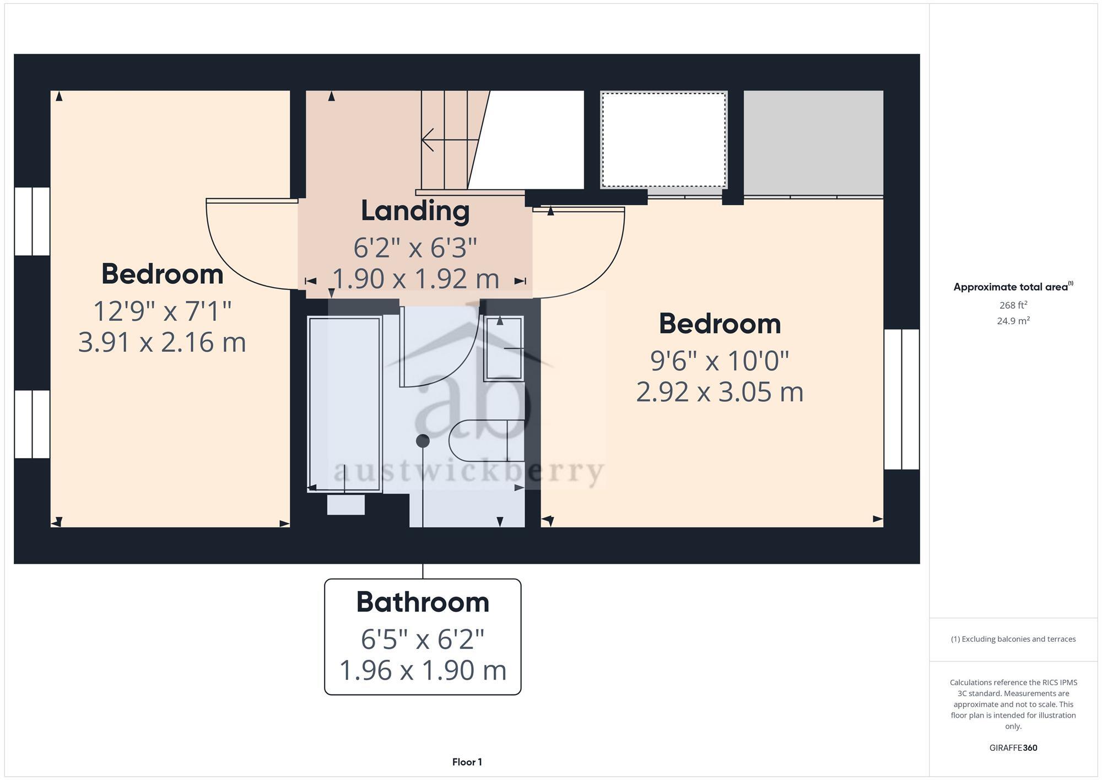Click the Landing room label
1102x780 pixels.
pos(415,211)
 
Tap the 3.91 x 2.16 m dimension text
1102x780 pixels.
pos(162,342)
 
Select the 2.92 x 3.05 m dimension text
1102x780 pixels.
pos(720,392)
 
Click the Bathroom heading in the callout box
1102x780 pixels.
pos(423,602)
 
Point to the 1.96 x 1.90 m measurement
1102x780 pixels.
pos(423,671)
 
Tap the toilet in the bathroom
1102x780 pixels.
pos(485,440)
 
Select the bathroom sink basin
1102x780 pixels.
pos(503,349)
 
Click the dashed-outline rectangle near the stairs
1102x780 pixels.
pos(663,140)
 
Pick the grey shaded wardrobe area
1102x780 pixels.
pos(813,142)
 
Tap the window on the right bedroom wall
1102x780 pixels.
pos(901,399)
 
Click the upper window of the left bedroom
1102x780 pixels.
pos(32,221)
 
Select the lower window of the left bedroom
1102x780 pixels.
pos(32,424)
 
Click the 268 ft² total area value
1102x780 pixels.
pos(1013,305)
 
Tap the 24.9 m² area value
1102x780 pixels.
pos(1013,321)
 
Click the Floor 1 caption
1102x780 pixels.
pos(467,762)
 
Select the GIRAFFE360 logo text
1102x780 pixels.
pos(1013,748)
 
